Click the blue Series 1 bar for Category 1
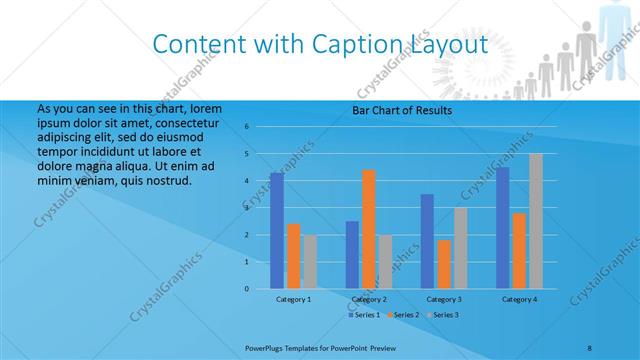pos(277,231)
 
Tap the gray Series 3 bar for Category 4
pos(535,221)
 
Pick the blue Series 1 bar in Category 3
pos(427,241)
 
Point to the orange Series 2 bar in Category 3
pos(443,264)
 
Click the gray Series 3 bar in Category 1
pos(309,261)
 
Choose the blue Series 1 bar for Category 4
pos(503,228)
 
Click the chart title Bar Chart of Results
pos(402,110)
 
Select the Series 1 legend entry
pos(364,315)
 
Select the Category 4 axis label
pos(519,299)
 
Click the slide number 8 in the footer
pos(589,346)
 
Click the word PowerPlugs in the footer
pos(266,346)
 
